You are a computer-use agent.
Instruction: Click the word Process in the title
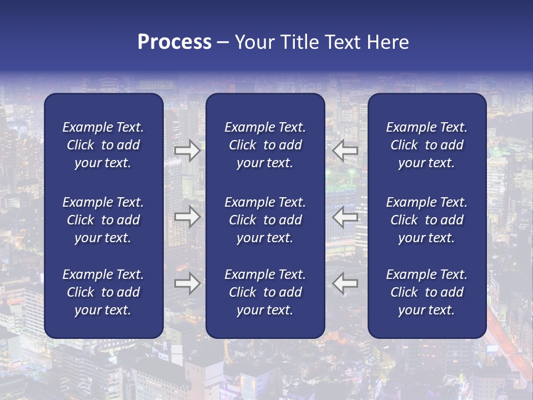click(174, 42)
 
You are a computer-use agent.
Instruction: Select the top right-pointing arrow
click(187, 150)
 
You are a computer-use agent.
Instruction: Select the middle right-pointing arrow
click(187, 217)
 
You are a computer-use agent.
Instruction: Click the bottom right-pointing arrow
click(187, 283)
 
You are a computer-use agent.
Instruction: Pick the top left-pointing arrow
click(345, 150)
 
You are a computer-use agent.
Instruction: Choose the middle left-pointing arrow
click(345, 217)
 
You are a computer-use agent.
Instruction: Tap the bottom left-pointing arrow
click(345, 283)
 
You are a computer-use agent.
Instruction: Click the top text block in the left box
click(103, 145)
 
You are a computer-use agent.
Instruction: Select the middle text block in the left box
click(103, 220)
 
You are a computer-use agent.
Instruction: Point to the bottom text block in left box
click(103, 292)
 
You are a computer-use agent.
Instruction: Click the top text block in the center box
click(265, 145)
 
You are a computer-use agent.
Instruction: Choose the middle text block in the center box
click(265, 220)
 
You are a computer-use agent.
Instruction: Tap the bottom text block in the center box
click(265, 292)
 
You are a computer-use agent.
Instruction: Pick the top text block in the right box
click(426, 145)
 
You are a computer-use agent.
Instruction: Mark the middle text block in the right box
click(426, 220)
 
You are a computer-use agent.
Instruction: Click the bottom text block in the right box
click(426, 292)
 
